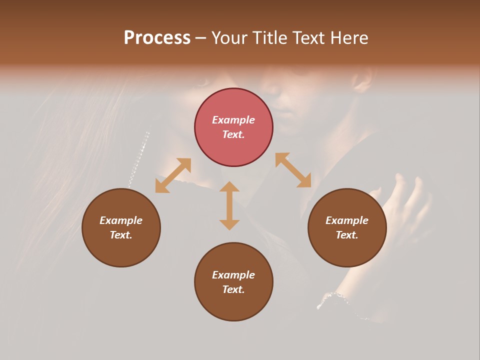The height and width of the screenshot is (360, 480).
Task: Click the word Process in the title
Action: [x=157, y=37]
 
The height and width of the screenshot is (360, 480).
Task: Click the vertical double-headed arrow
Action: [x=229, y=205]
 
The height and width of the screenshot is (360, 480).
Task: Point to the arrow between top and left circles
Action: [x=173, y=175]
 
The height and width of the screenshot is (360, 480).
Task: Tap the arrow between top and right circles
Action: [x=293, y=170]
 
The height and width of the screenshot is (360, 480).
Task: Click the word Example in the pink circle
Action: [x=233, y=120]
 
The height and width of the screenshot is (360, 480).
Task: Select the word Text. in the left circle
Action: [x=121, y=235]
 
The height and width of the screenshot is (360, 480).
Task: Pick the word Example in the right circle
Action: [x=347, y=220]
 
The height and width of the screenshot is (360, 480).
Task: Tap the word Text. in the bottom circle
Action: [x=233, y=289]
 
